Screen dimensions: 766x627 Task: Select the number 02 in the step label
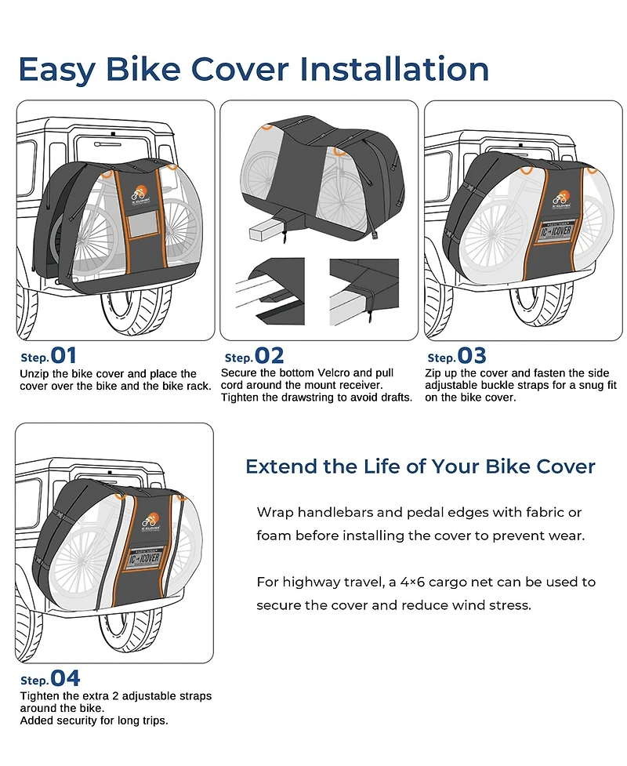(x=269, y=356)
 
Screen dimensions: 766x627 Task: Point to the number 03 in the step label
(x=472, y=356)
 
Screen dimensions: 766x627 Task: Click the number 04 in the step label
(x=65, y=678)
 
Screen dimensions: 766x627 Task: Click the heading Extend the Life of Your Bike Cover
(x=420, y=466)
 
